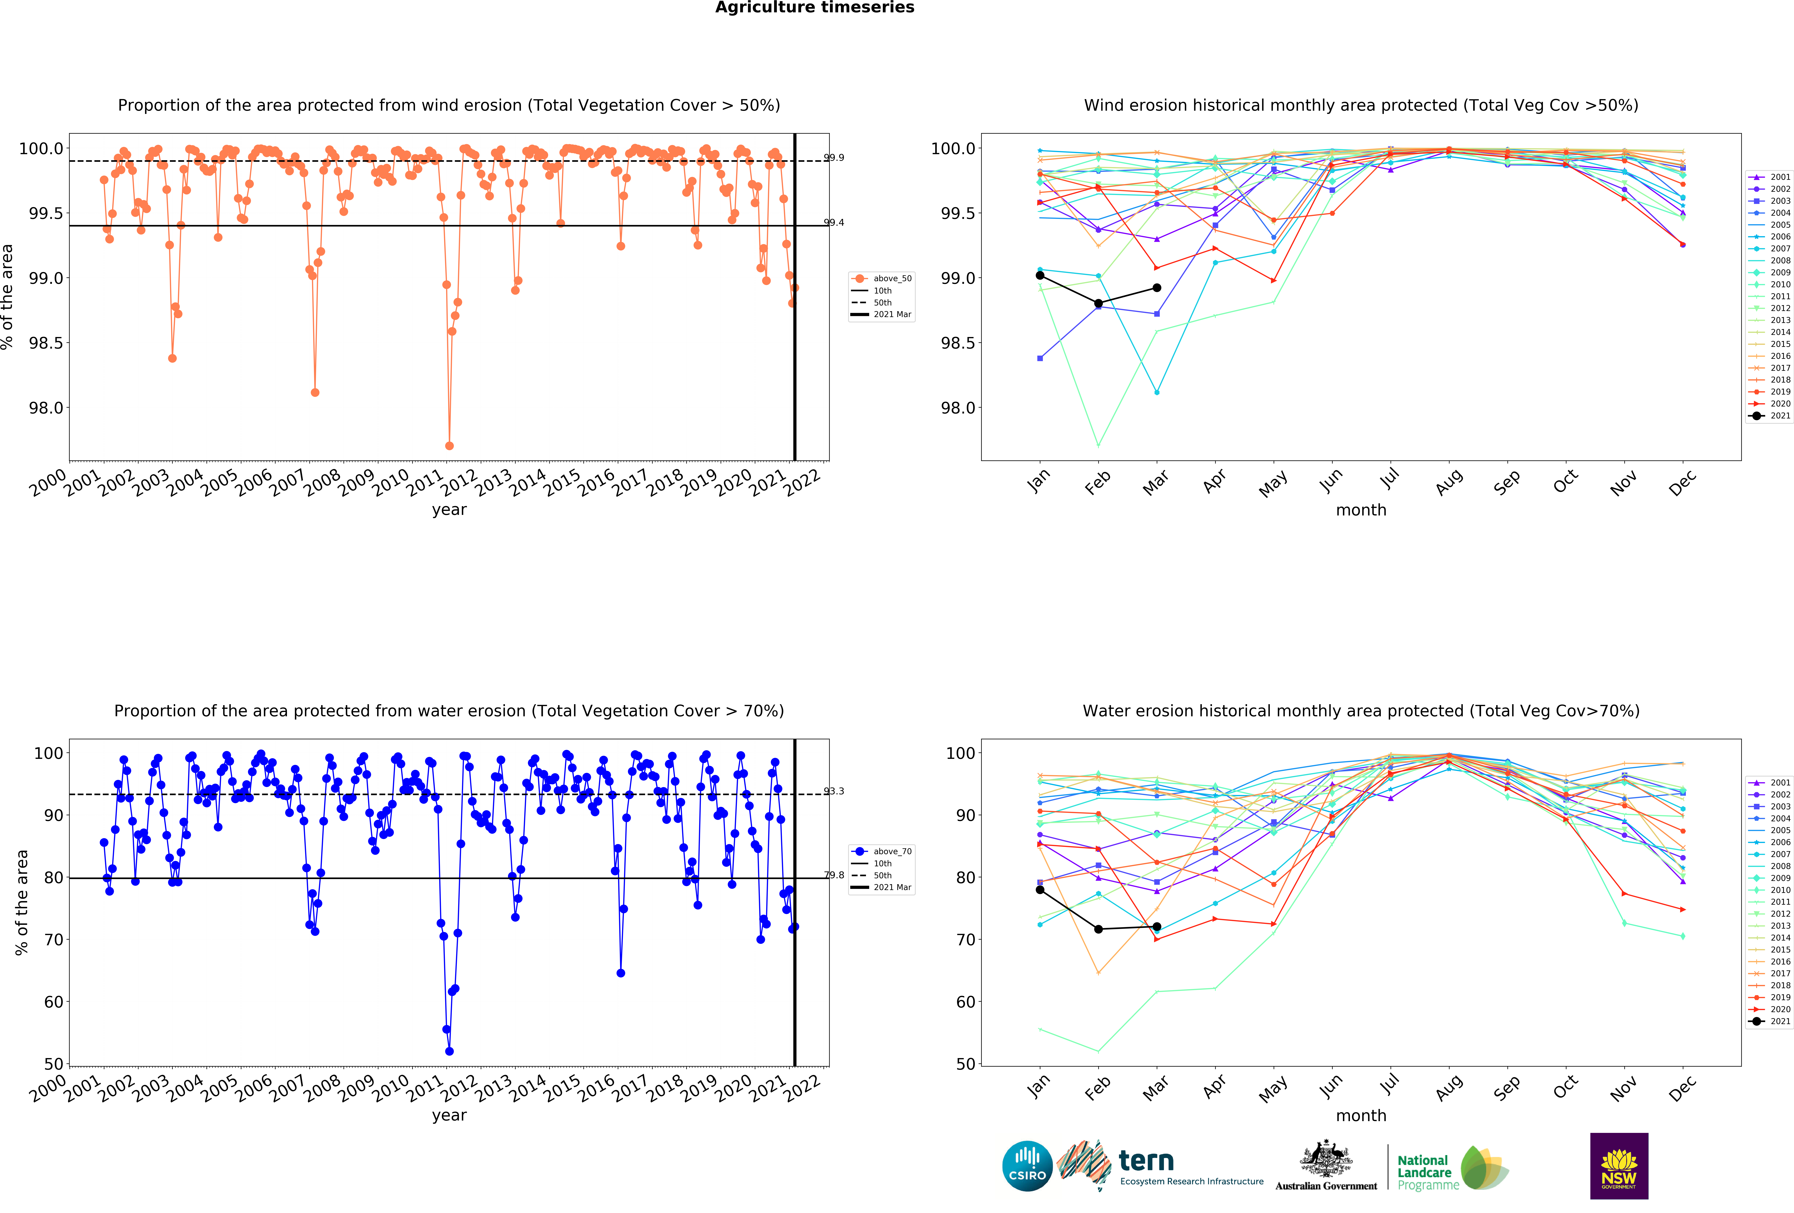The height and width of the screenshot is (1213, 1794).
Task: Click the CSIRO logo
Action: point(1027,1166)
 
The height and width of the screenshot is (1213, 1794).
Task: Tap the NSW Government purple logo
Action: point(1619,1166)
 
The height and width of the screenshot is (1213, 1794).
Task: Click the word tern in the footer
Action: point(1146,1160)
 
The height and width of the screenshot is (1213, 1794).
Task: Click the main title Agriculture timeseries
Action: point(814,8)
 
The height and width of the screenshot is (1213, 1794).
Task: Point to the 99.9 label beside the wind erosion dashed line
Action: point(834,158)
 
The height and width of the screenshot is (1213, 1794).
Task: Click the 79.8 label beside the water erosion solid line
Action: point(834,875)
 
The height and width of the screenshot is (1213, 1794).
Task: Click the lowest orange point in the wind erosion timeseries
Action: point(449,446)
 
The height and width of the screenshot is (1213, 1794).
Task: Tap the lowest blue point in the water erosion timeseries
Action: point(449,1051)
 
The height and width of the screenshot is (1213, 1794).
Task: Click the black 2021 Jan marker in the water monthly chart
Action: point(1040,889)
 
